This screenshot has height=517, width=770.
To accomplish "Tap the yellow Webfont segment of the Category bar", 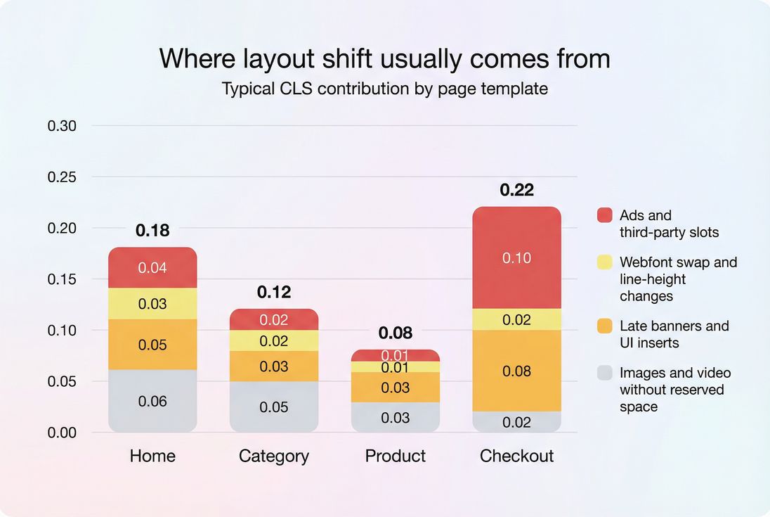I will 274,341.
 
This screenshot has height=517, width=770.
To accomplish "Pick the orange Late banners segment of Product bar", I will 396,388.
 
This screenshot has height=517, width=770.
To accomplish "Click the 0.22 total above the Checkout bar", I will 516,190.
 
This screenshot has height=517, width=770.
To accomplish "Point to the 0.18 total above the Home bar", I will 152,230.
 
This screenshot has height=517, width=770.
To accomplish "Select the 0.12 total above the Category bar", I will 274,292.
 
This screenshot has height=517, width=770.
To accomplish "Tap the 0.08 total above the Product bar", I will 396,333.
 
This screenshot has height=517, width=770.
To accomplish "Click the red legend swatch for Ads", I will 604,215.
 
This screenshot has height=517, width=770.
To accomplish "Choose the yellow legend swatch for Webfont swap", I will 604,262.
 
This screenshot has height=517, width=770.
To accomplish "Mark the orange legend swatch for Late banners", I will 604,326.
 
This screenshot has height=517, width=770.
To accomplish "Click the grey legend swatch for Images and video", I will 604,373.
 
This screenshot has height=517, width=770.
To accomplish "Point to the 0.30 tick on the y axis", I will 62,126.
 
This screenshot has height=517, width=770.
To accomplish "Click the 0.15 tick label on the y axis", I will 62,279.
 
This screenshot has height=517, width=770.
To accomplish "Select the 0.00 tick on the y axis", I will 62,433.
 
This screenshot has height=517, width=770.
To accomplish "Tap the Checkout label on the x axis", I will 516,456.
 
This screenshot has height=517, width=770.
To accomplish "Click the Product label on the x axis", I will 396,456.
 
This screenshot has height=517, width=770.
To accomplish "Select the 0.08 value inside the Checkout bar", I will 516,371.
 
